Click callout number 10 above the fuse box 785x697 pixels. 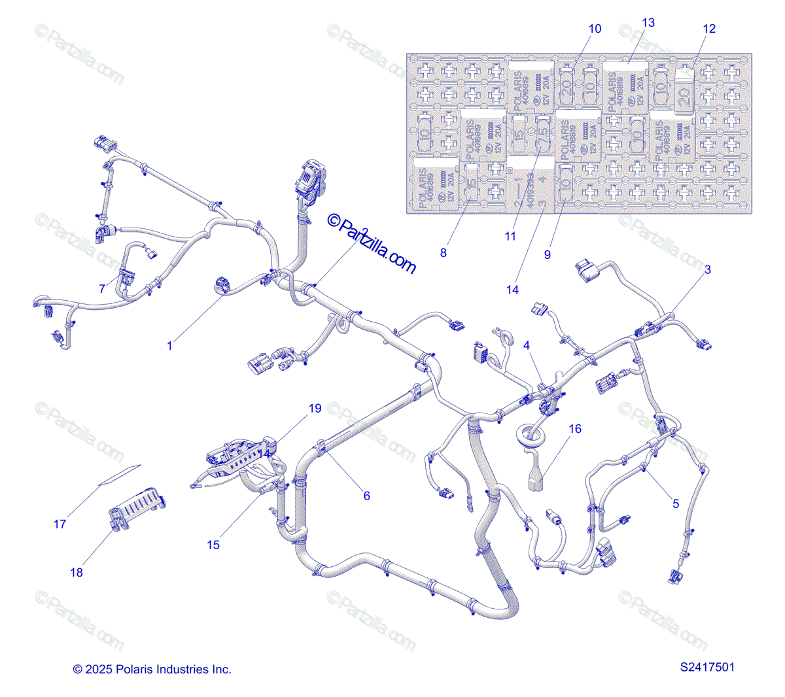pos(595,29)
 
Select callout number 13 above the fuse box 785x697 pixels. pos(648,22)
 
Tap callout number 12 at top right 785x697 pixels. pos(709,29)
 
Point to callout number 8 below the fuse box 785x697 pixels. pos(444,253)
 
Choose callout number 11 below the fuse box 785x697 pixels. pos(511,237)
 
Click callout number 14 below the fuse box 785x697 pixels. pos(513,290)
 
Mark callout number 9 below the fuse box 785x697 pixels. pos(548,254)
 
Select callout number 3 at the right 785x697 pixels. pos(707,269)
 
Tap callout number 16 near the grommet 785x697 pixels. pos(575,429)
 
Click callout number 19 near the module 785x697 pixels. pos(315,409)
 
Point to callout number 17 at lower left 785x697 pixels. pos(60,524)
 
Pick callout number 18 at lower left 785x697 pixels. pos(77,572)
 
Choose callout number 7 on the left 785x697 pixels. pos(102,288)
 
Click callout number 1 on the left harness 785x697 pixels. pos(170,345)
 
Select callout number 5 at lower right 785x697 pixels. pos(676,503)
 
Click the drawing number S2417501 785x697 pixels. pos(707,668)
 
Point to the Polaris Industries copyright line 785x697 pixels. pos(152,670)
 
